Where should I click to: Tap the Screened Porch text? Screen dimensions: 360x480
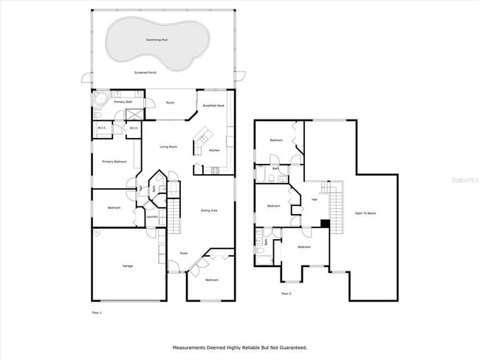tap(145, 73)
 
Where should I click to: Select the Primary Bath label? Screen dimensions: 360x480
tap(123, 102)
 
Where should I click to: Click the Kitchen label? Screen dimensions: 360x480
tap(214, 150)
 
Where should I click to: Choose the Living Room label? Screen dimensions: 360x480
tap(168, 147)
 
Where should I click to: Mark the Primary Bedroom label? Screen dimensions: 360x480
tap(114, 162)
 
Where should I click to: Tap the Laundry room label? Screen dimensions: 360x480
tap(152, 217)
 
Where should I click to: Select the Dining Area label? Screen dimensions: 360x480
tap(209, 211)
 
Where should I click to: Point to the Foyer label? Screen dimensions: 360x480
tap(184, 253)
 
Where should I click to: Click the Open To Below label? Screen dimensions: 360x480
tap(366, 213)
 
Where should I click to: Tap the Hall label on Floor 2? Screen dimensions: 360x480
tap(314, 200)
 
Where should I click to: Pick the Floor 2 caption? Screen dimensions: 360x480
tap(287, 294)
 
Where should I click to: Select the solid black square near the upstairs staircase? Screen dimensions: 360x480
tap(325, 223)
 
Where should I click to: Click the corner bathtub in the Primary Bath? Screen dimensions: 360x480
tap(97, 100)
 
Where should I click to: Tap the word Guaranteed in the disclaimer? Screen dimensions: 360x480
tap(291, 347)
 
